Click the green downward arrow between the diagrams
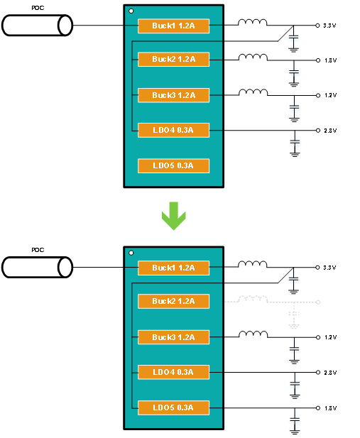click(x=173, y=216)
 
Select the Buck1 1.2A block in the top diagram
click(x=173, y=26)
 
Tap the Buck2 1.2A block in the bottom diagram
click(x=173, y=302)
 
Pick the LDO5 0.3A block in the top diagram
click(x=173, y=166)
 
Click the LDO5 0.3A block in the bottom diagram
click(x=173, y=408)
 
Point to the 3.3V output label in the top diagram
click(x=329, y=26)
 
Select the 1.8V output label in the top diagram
click(x=330, y=60)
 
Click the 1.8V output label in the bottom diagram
click(x=330, y=408)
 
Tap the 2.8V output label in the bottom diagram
click(x=330, y=373)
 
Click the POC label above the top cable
click(x=38, y=8)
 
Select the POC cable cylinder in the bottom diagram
click(x=37, y=268)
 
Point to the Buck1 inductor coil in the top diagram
click(x=252, y=22)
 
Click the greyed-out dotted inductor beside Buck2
click(x=253, y=299)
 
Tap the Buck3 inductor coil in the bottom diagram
click(x=253, y=334)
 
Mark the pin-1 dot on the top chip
click(x=131, y=11)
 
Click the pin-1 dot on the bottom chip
click(x=131, y=253)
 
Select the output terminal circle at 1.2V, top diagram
click(x=318, y=96)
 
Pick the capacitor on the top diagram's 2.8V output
click(x=295, y=142)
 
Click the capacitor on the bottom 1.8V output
click(x=295, y=420)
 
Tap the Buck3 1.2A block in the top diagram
click(x=173, y=96)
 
